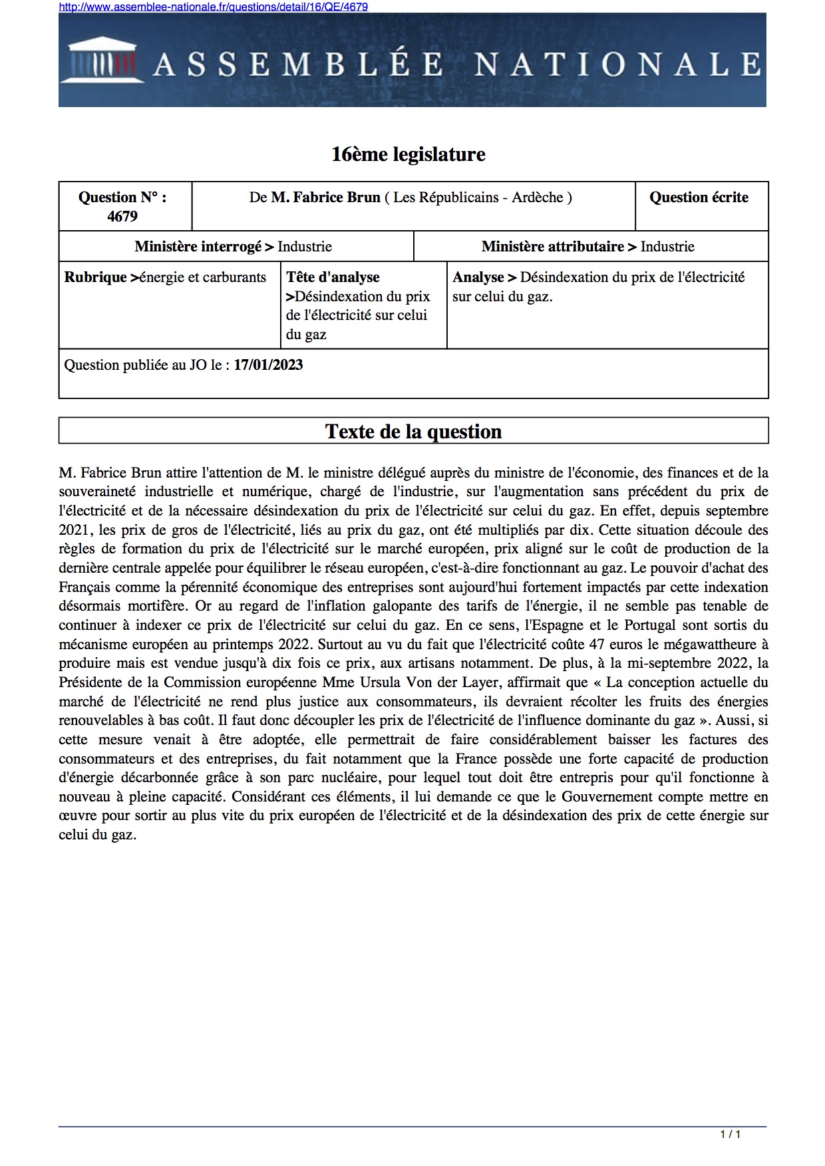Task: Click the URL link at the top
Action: (x=213, y=7)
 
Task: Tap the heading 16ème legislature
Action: (x=409, y=154)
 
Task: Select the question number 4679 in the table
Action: (x=122, y=216)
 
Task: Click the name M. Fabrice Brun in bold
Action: (x=325, y=198)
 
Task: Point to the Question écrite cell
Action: (x=699, y=198)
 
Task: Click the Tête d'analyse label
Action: (x=333, y=277)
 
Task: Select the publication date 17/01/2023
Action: (x=268, y=365)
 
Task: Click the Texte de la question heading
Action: (x=413, y=432)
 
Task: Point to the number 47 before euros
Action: (x=596, y=645)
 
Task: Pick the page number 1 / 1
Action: (x=730, y=1134)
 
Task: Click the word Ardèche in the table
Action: (x=537, y=198)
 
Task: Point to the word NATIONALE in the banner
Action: (x=617, y=65)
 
